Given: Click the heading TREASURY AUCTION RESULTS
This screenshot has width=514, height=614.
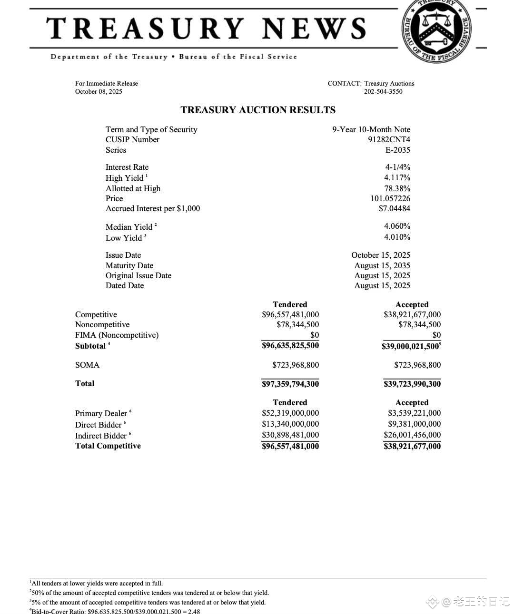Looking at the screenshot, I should [258, 110].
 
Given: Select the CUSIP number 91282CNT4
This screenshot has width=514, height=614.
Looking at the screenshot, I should [389, 139].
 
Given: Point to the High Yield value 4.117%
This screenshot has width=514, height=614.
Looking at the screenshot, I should [397, 177].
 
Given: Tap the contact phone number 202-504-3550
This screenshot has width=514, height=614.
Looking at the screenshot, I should [383, 91].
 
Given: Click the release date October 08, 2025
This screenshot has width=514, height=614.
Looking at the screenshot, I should [99, 91].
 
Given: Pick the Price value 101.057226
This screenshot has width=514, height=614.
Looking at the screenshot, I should [390, 198].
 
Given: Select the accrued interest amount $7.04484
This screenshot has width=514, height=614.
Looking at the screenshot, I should [394, 208].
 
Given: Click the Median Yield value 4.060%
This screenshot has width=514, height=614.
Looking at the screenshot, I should [397, 226].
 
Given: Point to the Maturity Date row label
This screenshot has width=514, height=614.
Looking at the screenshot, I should [129, 265].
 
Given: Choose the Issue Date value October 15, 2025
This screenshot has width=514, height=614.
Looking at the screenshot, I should [380, 255].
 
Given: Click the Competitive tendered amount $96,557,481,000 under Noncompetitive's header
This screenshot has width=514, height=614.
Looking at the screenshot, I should [290, 314].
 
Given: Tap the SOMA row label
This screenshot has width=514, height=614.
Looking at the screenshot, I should [87, 365].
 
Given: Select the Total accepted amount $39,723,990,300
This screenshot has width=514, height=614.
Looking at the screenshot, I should [412, 384].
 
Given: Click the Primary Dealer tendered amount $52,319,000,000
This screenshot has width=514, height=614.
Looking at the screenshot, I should [290, 413].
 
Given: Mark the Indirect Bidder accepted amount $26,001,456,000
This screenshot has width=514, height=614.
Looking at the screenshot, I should [412, 435].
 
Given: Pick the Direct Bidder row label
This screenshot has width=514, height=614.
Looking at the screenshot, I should [99, 424].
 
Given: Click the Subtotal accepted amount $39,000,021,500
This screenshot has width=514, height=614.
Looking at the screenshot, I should [410, 347].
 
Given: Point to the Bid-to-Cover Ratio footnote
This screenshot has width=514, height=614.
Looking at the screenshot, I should [115, 611].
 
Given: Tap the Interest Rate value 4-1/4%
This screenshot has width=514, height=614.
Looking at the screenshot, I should [398, 167].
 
